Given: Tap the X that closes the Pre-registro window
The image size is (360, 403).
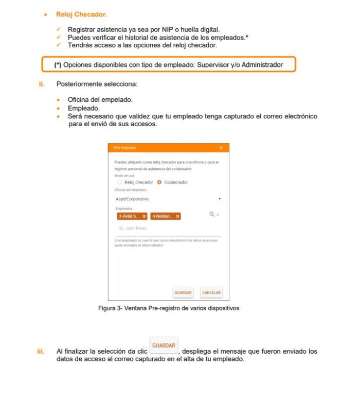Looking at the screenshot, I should [x=221, y=148].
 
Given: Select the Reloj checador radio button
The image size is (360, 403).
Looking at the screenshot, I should [x=120, y=182].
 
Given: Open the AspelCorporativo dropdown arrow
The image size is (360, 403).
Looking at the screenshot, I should [x=220, y=198].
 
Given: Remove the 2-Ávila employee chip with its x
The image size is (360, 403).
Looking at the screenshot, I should [x=144, y=217].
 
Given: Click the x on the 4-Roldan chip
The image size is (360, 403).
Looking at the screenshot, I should [x=177, y=217].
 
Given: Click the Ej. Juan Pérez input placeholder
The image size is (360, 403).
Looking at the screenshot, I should [x=133, y=230].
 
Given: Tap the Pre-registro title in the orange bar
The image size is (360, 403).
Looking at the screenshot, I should [x=124, y=148].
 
